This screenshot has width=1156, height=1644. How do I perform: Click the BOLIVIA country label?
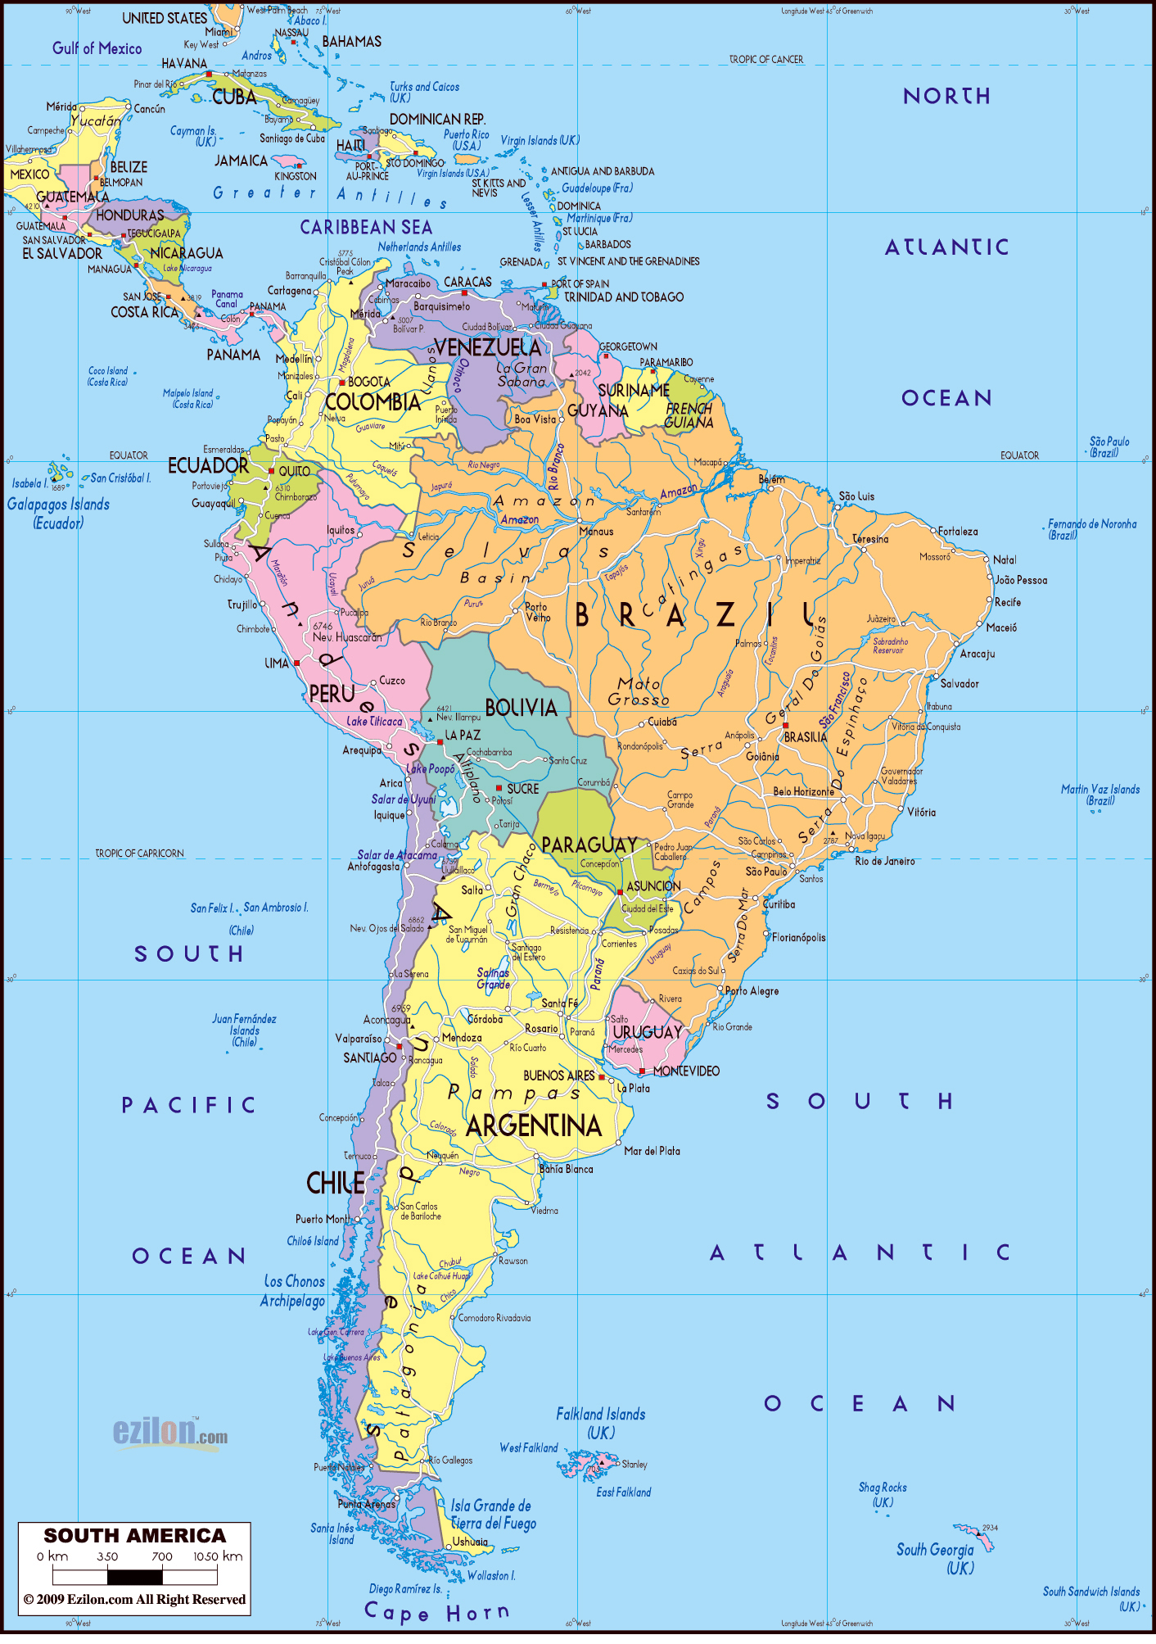(x=521, y=708)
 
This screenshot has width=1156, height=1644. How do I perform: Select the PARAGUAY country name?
(x=589, y=845)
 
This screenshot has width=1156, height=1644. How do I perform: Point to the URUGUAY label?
(x=647, y=1032)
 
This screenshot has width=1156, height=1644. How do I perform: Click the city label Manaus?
(x=596, y=532)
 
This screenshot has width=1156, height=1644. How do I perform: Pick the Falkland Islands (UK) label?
(x=601, y=1423)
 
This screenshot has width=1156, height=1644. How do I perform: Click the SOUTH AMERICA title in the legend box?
(x=134, y=1535)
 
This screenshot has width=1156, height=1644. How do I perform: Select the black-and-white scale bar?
(x=135, y=1575)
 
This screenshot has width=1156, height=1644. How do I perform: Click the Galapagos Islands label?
(x=58, y=514)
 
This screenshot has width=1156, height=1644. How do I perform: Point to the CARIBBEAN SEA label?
(x=366, y=228)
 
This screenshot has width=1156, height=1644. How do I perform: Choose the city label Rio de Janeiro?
(x=885, y=861)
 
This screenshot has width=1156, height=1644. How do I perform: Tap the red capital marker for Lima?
(x=296, y=663)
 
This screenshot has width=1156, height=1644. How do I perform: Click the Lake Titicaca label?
(x=374, y=722)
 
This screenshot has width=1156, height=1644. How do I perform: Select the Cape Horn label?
(x=436, y=1612)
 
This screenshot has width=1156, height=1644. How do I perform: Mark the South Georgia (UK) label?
(x=936, y=1558)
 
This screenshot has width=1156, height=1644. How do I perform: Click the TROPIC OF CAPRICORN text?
(x=139, y=854)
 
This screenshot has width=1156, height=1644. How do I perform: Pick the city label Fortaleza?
(x=958, y=532)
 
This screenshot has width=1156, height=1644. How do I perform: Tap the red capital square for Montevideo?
(x=642, y=1071)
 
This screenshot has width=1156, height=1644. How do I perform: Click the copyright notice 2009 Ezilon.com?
(x=134, y=1599)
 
